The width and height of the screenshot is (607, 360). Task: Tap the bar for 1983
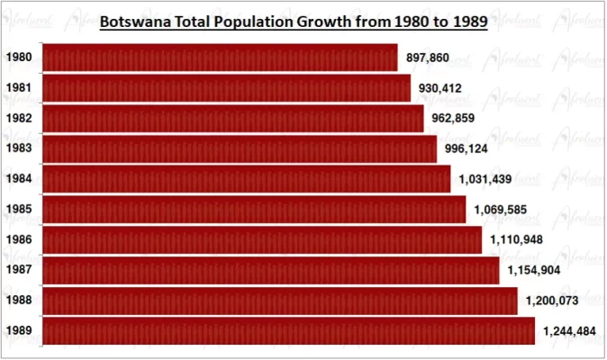[240, 148]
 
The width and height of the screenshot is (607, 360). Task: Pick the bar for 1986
[262, 239]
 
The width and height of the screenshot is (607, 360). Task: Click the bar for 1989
[289, 330]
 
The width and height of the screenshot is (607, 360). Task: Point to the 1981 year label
[19, 88]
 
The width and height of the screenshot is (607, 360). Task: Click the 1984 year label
[19, 179]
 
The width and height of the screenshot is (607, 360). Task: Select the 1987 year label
[19, 270]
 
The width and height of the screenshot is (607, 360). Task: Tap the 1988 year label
[19, 301]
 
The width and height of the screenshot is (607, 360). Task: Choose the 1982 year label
[19, 118]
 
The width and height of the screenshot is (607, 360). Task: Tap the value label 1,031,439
[485, 179]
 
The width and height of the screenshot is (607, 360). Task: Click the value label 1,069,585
[501, 210]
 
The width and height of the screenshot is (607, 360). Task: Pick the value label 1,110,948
[518, 240]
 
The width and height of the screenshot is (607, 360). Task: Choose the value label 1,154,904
[534, 270]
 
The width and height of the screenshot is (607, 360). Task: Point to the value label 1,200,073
[552, 301]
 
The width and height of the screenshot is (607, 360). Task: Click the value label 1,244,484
[569, 331]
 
